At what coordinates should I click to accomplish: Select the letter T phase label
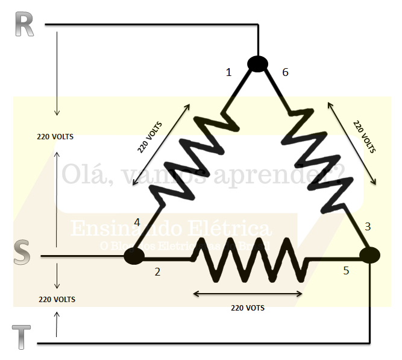pyautogui.click(x=22, y=336)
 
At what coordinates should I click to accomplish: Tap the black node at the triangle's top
pyautogui.click(x=257, y=63)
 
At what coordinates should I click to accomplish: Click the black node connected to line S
pyautogui.click(x=134, y=256)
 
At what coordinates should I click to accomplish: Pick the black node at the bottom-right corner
pyautogui.click(x=369, y=255)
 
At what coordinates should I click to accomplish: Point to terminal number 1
pyautogui.click(x=228, y=72)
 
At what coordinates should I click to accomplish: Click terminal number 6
pyautogui.click(x=285, y=72)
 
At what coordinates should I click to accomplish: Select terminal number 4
pyautogui.click(x=137, y=222)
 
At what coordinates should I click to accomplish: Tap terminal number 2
pyautogui.click(x=157, y=271)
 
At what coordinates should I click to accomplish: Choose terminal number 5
pyautogui.click(x=346, y=271)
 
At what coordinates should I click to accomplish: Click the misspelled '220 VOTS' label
pyautogui.click(x=247, y=308)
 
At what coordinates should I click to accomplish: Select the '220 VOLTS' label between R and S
pyautogui.click(x=55, y=136)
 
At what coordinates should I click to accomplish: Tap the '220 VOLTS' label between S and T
pyautogui.click(x=57, y=299)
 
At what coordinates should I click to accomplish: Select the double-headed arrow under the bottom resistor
pyautogui.click(x=247, y=294)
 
